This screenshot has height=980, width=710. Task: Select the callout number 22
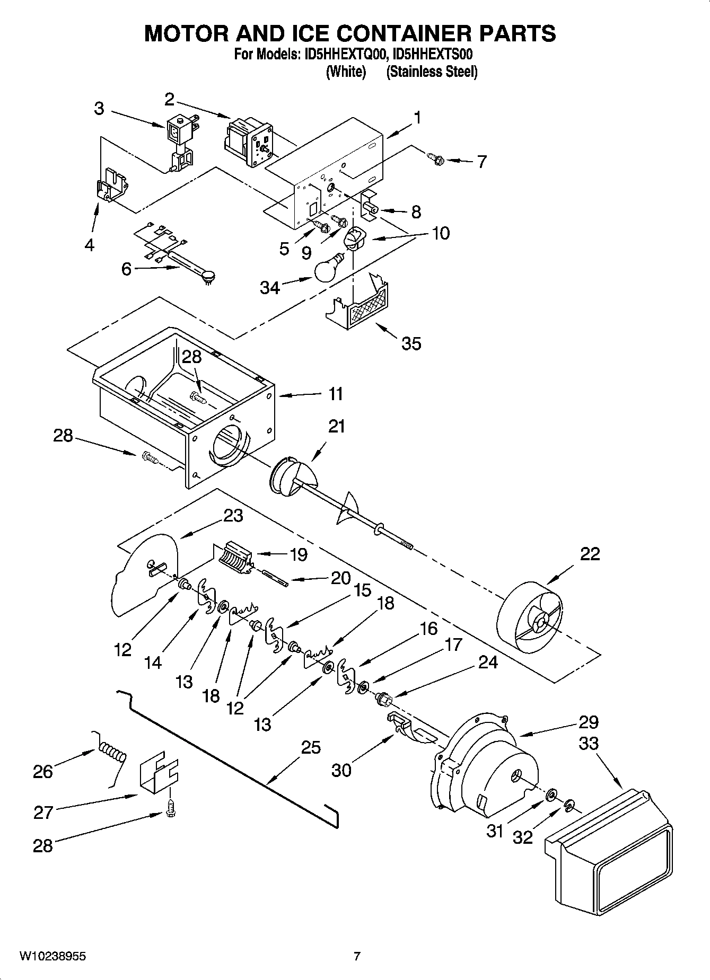[x=590, y=553]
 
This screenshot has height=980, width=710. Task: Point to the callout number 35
[x=411, y=343]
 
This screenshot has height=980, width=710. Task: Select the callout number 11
[x=335, y=394]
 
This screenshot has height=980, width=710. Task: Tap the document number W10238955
[x=52, y=956]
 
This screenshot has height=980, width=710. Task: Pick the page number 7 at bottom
[x=357, y=956]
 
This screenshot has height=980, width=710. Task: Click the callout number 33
[x=588, y=743]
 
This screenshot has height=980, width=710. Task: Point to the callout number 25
[x=311, y=747]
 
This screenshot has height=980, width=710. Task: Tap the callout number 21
[x=337, y=426]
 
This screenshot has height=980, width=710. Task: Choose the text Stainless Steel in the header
[x=432, y=72]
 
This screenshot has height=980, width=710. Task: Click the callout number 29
[x=588, y=722]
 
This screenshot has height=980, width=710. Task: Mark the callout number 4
[x=89, y=245]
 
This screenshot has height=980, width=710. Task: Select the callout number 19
[x=299, y=554]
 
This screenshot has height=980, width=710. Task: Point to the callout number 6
[x=126, y=269]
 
